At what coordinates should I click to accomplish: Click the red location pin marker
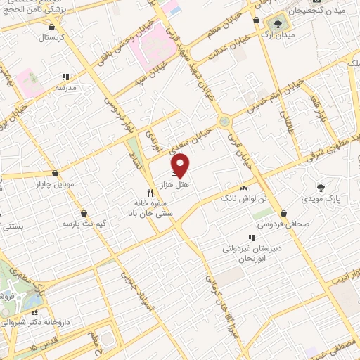[181, 165]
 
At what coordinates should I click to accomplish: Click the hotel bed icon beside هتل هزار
[174, 172]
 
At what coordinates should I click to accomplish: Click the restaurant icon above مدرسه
[65, 77]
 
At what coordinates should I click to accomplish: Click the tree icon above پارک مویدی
[321, 188]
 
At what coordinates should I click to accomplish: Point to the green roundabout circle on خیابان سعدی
[224, 121]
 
